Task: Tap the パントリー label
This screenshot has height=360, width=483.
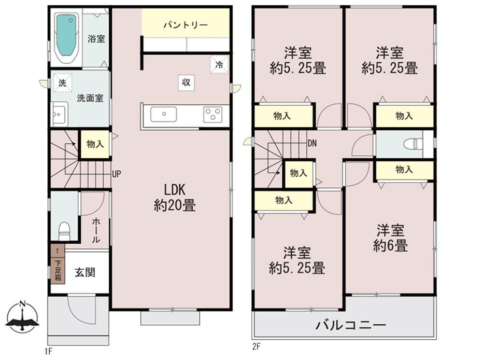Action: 185,25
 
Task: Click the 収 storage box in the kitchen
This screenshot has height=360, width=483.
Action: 185,82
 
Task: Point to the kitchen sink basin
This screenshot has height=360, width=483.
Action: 163,115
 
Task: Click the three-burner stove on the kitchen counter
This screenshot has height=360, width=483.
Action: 213,115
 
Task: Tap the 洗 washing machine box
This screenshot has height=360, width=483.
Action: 62,83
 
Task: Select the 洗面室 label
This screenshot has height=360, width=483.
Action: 90,98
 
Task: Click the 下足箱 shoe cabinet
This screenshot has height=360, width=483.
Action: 57,270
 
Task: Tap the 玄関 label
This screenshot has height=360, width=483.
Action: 85,273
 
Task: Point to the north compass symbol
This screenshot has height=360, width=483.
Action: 22,318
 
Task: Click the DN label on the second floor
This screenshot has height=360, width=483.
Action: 312,143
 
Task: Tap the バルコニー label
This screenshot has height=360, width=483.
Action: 351,325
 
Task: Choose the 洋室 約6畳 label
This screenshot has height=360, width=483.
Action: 390,238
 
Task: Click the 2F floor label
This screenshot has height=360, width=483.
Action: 256,346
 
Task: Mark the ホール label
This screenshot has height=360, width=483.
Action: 96,230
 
